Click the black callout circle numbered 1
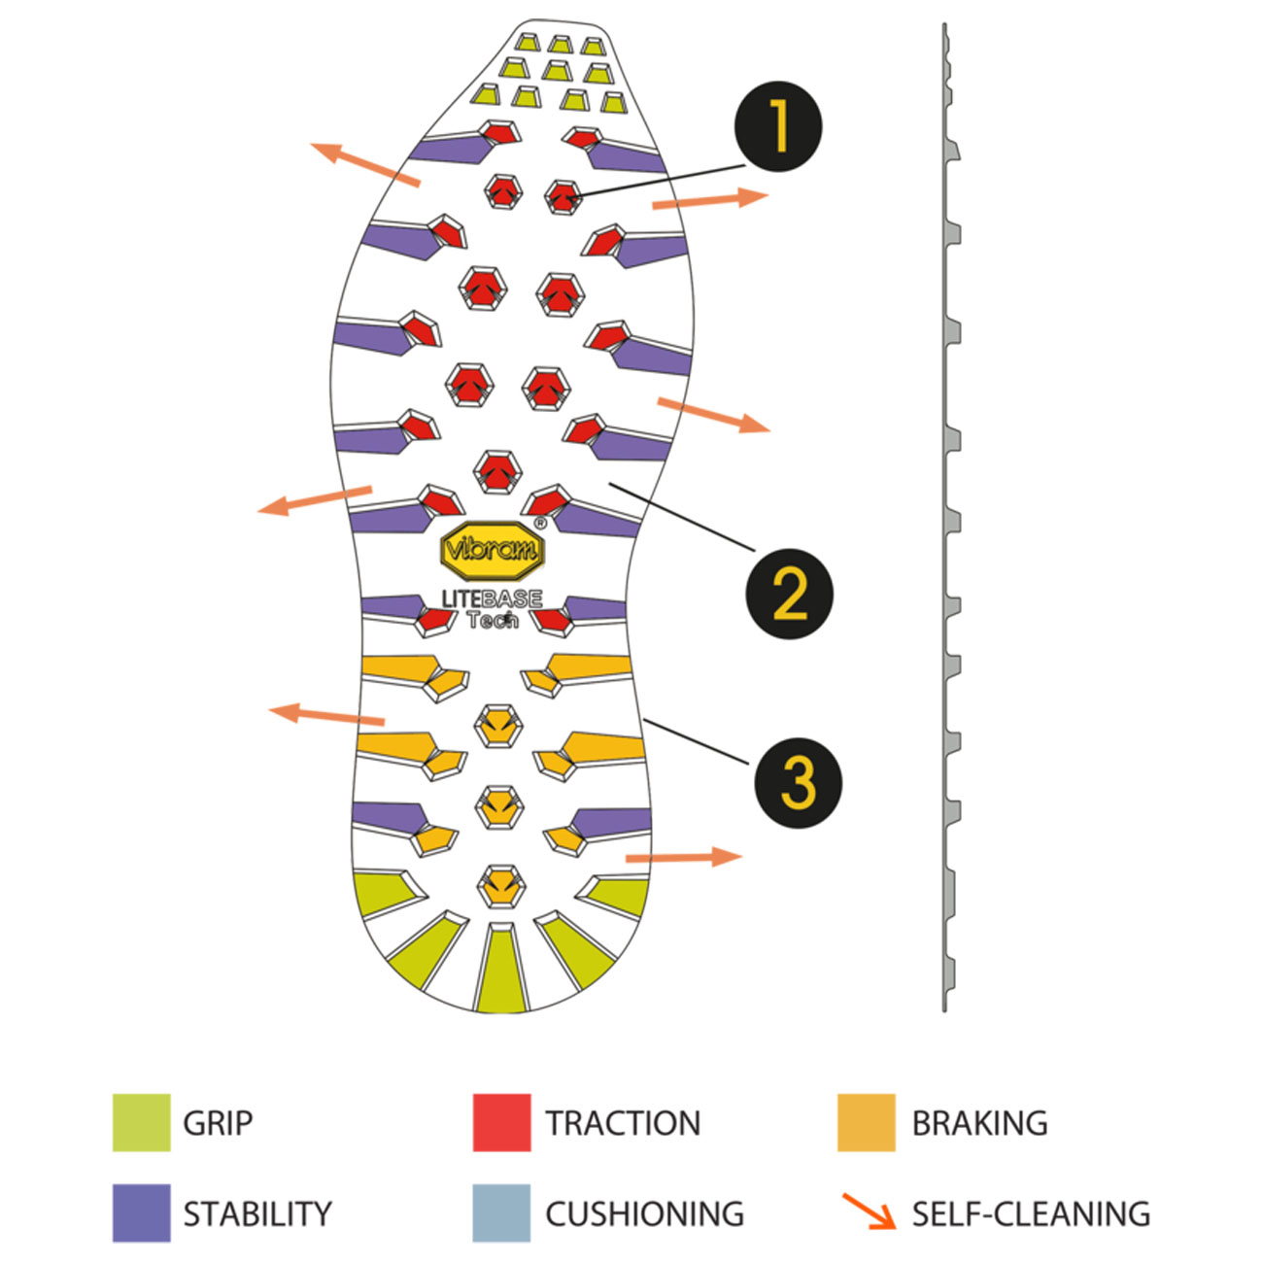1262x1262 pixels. pyautogui.click(x=778, y=127)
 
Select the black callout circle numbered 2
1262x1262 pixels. pyautogui.click(x=789, y=593)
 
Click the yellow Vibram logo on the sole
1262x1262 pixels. pyautogui.click(x=493, y=550)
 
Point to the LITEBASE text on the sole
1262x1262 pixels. pyautogui.click(x=492, y=598)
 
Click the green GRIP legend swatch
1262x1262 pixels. pyautogui.click(x=141, y=1123)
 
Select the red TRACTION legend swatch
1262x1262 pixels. pyautogui.click(x=501, y=1123)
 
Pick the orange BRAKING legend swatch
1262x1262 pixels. pyautogui.click(x=866, y=1123)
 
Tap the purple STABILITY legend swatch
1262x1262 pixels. pyautogui.click(x=141, y=1213)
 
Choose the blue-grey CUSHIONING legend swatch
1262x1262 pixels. pyautogui.click(x=501, y=1213)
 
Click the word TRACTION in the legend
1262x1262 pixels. pyautogui.click(x=623, y=1123)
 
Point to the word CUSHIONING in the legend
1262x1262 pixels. pyautogui.click(x=644, y=1213)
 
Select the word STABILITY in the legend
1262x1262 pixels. pyautogui.click(x=257, y=1213)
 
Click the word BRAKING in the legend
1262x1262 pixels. pyautogui.click(x=979, y=1123)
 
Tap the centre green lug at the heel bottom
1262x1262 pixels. pyautogui.click(x=501, y=968)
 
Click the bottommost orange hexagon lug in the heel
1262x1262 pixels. pyautogui.click(x=500, y=886)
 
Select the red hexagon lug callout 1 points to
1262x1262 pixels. pyautogui.click(x=561, y=196)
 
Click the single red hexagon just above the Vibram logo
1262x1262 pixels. pyautogui.click(x=497, y=471)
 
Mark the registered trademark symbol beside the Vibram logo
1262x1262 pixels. pyautogui.click(x=540, y=523)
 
